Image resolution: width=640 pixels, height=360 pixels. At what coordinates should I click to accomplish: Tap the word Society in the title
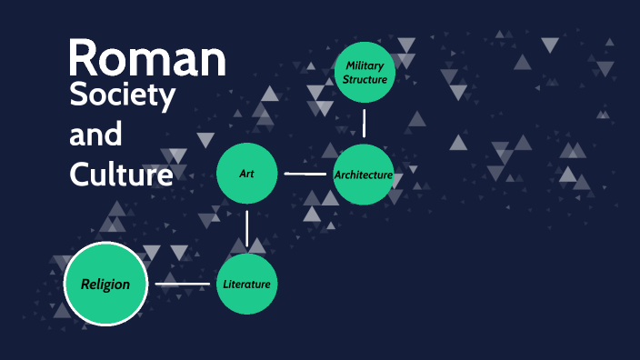pos(123,96)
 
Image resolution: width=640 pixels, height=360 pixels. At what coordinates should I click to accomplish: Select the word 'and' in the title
pos(95,135)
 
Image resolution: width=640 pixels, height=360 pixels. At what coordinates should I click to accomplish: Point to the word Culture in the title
pos(121,173)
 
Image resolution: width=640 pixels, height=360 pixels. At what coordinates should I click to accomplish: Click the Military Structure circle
pos(365,72)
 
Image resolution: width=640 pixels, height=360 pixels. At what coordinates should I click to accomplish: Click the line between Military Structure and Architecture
pos(365,123)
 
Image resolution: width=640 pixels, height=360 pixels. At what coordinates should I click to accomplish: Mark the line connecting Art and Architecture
pos(305,173)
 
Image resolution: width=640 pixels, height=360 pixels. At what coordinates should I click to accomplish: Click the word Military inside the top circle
pos(365,65)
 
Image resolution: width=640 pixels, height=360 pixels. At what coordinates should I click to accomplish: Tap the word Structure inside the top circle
pos(365,79)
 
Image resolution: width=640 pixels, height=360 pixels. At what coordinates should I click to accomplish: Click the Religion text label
pos(105,285)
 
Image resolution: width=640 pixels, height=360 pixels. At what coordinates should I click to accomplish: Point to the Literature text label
pos(246,285)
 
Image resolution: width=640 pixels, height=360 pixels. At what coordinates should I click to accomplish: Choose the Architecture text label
pos(364,175)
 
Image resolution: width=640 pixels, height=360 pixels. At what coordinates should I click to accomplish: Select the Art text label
pos(246,173)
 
